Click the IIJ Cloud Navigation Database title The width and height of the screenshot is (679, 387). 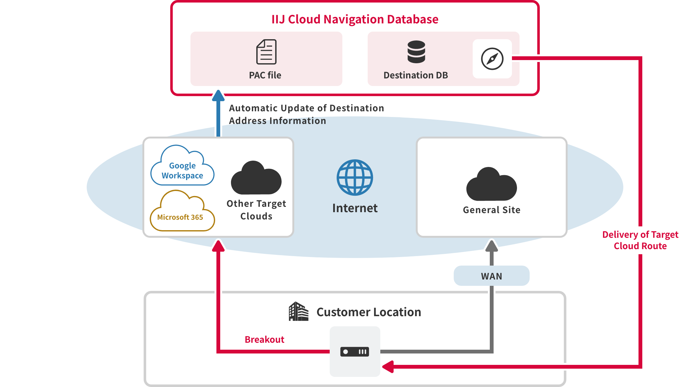[355, 19]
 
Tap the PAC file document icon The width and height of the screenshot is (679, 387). [266, 52]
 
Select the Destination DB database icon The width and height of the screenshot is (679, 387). [416, 52]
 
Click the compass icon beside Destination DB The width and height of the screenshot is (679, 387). [492, 59]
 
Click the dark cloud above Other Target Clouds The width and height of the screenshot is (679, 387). [256, 178]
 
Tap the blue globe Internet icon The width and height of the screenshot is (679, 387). [355, 177]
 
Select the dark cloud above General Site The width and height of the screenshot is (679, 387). [491, 185]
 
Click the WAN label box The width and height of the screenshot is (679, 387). [491, 276]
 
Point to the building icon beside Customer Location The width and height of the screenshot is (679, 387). [298, 311]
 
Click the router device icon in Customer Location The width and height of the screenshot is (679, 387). [355, 352]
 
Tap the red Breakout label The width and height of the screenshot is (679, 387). [265, 340]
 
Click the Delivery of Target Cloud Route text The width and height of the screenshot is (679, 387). [640, 240]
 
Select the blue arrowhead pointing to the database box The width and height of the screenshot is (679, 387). [218, 95]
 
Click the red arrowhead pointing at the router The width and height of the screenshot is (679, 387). [388, 367]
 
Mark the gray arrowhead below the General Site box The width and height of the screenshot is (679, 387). [492, 246]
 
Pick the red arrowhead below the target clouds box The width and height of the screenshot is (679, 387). [218, 246]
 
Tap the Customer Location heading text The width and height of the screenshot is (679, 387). [369, 312]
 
